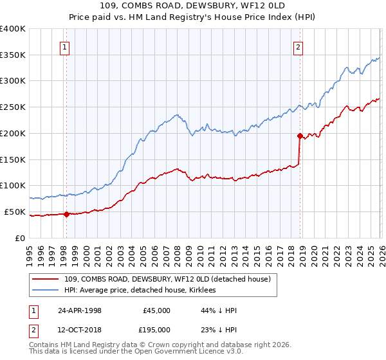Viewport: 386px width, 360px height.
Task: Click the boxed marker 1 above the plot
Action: tap(66, 47)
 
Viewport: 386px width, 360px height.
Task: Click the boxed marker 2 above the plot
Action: tap(299, 47)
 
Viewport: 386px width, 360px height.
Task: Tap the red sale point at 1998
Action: tap(66, 215)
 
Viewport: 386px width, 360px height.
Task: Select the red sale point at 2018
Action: tap(300, 136)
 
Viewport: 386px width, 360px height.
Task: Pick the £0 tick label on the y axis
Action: tap(19, 238)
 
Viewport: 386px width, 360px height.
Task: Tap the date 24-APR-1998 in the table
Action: tap(80, 310)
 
